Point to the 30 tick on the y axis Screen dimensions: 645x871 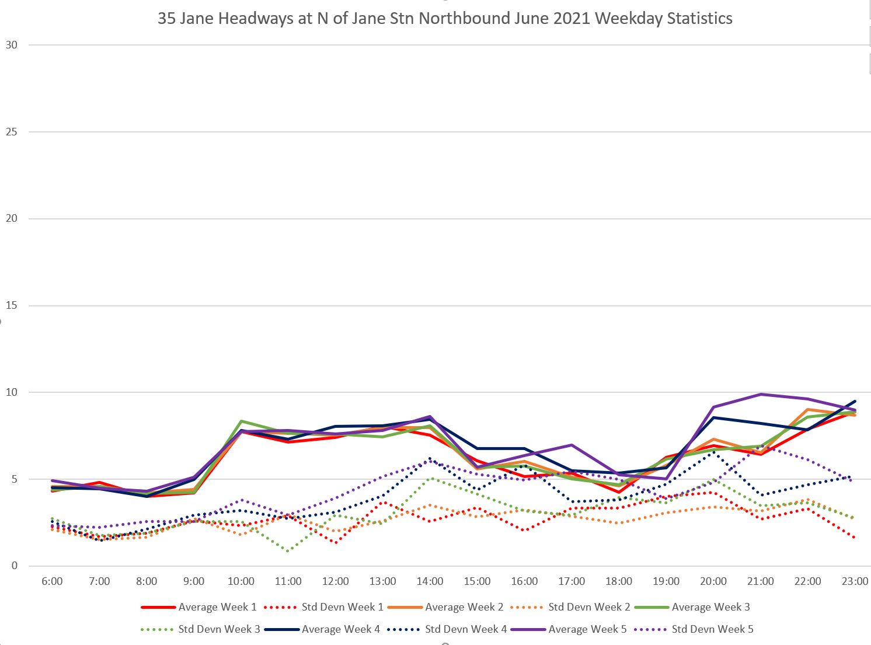[12, 45]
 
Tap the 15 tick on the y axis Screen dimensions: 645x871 [12, 305]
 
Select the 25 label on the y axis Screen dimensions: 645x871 [12, 132]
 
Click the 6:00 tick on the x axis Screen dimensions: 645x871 [52, 581]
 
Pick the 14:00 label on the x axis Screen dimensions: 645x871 [430, 581]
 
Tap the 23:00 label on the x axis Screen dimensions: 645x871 [855, 581]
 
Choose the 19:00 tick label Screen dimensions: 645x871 [666, 581]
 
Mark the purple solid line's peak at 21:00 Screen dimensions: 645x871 [761, 394]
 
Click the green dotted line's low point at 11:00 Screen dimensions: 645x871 [288, 550]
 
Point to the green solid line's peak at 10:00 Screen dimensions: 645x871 [241, 421]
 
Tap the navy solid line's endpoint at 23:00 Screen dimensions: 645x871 [855, 401]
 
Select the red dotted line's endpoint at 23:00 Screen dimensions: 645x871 [855, 538]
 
